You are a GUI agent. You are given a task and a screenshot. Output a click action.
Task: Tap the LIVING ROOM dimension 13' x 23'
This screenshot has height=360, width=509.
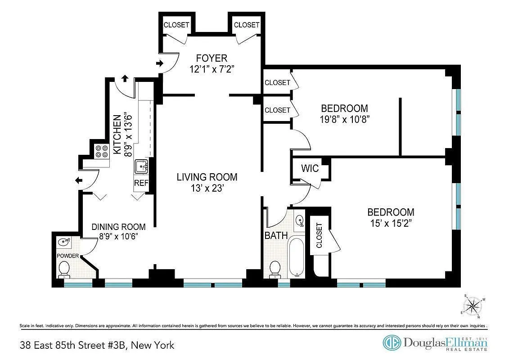207,189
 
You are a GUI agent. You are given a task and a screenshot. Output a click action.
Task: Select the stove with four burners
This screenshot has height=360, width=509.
101,151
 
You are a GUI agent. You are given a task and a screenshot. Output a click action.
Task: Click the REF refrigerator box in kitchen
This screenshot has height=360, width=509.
141,184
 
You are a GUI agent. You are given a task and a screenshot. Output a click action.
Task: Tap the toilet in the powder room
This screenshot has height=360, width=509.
64,269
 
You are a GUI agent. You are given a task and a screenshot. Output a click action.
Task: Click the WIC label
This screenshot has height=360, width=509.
310,169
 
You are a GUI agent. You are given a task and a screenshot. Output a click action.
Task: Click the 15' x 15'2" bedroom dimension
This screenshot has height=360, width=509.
391,223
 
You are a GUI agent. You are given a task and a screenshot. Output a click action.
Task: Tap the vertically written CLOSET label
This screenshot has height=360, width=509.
319,235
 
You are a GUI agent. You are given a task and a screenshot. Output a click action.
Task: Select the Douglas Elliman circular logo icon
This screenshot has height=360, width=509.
392,342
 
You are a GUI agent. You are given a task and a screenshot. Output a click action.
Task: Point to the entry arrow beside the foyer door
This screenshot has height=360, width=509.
159,63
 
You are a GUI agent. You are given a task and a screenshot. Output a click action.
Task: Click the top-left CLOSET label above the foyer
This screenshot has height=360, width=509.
176,25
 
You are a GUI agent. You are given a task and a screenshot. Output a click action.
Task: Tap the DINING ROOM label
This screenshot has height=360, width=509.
118,227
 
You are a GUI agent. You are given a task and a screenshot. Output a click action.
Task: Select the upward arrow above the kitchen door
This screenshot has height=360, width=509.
125,78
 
